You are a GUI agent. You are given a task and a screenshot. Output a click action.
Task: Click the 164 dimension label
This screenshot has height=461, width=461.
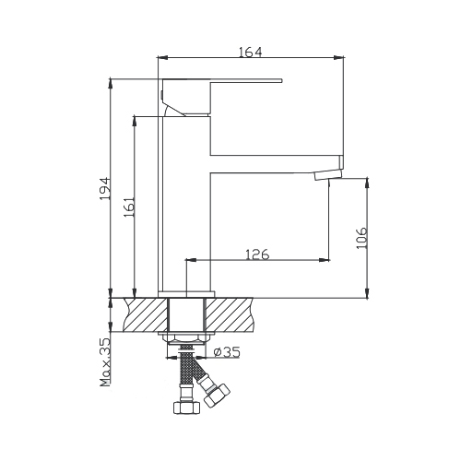point(251,52)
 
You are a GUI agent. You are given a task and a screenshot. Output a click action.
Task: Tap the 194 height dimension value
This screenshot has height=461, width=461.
point(105,188)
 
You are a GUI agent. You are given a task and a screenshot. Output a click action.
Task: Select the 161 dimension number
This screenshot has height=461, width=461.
point(129,207)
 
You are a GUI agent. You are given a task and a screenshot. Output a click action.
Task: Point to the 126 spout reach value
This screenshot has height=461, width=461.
point(257,254)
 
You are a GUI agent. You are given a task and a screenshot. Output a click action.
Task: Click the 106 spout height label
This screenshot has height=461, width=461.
point(361,238)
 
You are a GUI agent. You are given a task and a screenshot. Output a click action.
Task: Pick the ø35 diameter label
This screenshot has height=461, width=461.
point(227,352)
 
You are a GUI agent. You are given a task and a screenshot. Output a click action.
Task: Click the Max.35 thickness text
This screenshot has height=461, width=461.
point(105,362)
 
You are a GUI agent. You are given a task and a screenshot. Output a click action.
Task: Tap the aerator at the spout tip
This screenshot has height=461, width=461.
point(328,175)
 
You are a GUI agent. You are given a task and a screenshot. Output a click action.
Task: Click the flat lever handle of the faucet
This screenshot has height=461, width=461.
point(222,80)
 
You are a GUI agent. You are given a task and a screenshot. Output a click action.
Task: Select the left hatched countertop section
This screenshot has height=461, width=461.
point(146,314)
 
